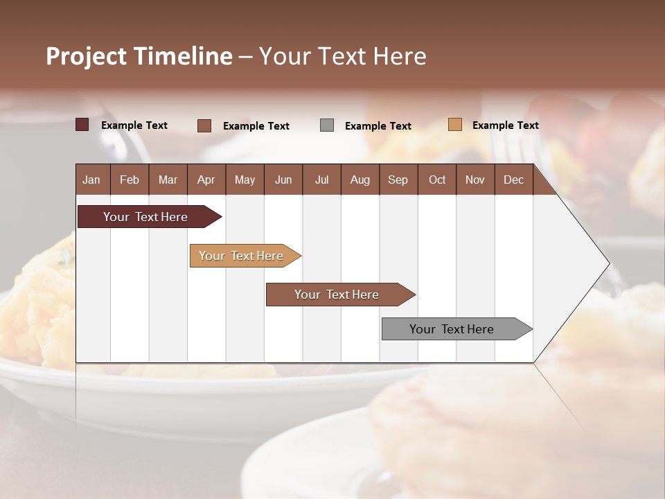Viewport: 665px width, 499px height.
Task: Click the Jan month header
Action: coord(92,180)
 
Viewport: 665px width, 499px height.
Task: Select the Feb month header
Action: coord(130,180)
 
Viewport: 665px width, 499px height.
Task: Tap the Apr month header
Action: coord(206,180)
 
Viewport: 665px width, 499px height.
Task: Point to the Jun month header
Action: coord(283,180)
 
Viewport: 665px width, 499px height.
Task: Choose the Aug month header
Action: coord(360,180)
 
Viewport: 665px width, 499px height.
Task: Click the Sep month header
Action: coord(398,180)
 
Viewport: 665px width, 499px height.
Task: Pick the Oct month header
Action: coord(437,180)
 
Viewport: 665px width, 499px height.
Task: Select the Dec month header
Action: coord(514,180)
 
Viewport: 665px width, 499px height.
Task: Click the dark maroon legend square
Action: coord(82,125)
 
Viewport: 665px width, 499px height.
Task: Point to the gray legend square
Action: coord(327,125)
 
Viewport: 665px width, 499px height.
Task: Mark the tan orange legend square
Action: coord(455,125)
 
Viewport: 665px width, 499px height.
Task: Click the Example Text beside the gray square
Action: coord(378,126)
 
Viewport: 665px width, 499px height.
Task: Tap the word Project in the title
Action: coord(87,56)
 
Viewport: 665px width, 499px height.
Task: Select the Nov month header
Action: coord(475,180)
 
